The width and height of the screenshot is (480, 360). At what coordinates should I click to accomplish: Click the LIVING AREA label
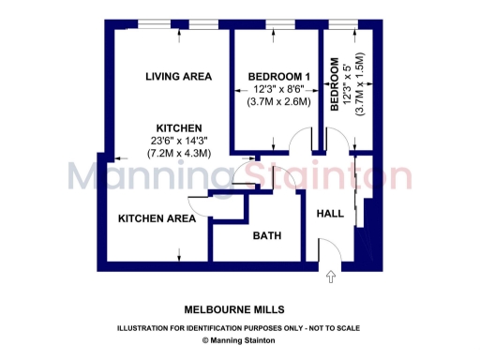click(178, 76)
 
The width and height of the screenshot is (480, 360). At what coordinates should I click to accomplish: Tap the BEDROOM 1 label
click(278, 76)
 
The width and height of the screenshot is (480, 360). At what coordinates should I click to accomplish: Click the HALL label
click(330, 215)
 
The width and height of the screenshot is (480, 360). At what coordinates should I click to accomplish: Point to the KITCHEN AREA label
click(157, 218)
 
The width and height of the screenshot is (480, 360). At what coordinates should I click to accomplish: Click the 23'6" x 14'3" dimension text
click(178, 140)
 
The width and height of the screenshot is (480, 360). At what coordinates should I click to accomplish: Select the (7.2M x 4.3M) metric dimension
click(178, 153)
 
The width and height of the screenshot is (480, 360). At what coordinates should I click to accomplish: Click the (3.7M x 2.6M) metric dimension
click(278, 101)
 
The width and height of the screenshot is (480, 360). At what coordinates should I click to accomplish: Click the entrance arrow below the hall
click(330, 277)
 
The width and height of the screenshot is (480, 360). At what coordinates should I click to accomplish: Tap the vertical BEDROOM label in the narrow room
click(335, 85)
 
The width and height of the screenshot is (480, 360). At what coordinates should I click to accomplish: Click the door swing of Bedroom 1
click(299, 142)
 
